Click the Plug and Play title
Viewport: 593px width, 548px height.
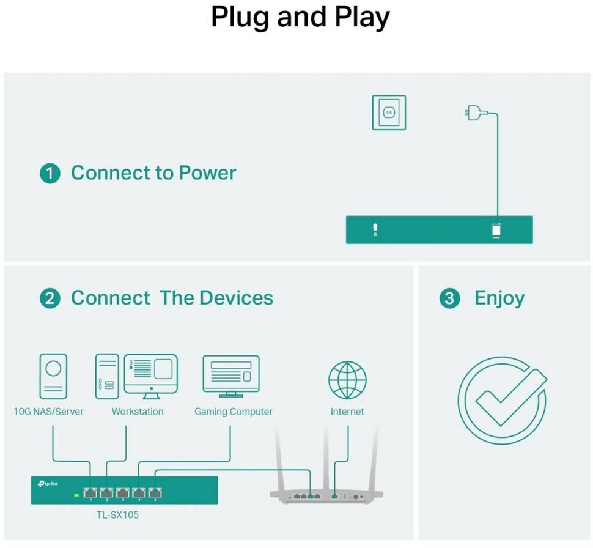(x=300, y=18)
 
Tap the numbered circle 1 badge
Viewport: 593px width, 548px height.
(x=50, y=174)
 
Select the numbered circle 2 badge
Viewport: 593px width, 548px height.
(x=50, y=299)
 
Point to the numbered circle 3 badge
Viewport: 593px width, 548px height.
(x=449, y=299)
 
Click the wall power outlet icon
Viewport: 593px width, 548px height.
(x=389, y=113)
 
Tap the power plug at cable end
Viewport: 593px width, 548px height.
(x=472, y=113)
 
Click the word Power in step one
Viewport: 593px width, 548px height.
(x=207, y=173)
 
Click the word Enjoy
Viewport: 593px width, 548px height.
(x=499, y=298)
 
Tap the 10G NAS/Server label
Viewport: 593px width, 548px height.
(x=48, y=412)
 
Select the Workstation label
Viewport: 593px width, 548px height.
(x=138, y=412)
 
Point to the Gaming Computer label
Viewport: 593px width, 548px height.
(x=234, y=412)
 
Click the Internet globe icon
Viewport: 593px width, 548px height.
(x=347, y=380)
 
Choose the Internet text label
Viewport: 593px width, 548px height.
(x=347, y=412)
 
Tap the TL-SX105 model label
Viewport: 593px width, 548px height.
(x=118, y=515)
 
